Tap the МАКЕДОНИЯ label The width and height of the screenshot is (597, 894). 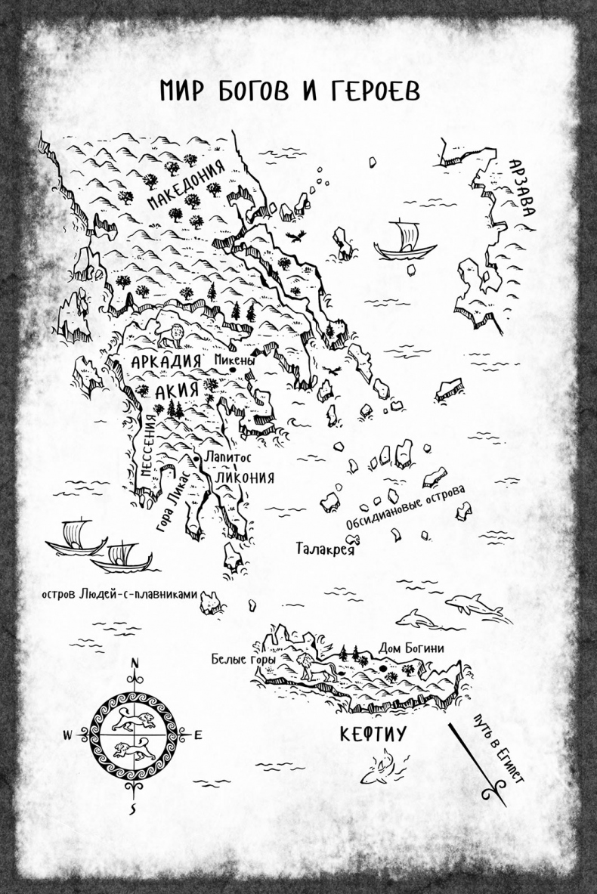coord(184,185)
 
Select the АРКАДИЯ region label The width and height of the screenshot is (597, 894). coord(165,361)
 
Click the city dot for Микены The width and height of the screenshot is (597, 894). coord(222,370)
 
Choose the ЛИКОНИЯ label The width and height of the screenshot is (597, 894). coord(243,478)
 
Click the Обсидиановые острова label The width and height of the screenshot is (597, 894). coord(405,507)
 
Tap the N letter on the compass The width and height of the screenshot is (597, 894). coord(135,664)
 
